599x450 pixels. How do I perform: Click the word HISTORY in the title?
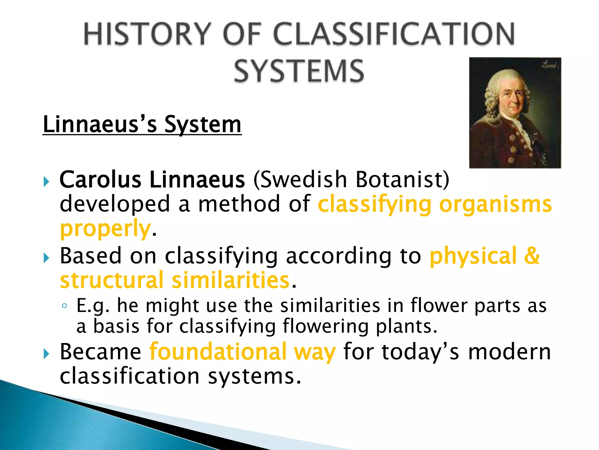click(147, 34)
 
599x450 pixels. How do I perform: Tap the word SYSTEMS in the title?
click(299, 71)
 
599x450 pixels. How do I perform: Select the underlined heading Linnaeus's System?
click(142, 125)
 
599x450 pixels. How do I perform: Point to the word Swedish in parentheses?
click(303, 180)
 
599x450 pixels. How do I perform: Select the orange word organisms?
click(495, 204)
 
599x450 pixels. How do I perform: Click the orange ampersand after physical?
click(531, 256)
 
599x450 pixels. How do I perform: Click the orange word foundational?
click(218, 352)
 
